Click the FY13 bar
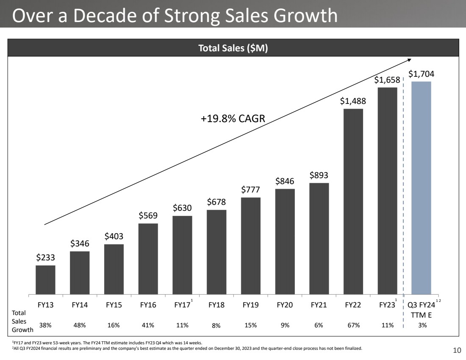(x=45, y=280)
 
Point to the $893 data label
(x=319, y=175)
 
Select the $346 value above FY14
(x=80, y=243)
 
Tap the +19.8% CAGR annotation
(x=233, y=118)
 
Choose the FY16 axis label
(x=148, y=304)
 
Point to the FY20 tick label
(x=285, y=304)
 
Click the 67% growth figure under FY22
(x=353, y=325)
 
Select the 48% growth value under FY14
(x=80, y=325)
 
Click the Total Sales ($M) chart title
(x=233, y=49)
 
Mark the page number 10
(x=457, y=350)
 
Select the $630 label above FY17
(x=182, y=208)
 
